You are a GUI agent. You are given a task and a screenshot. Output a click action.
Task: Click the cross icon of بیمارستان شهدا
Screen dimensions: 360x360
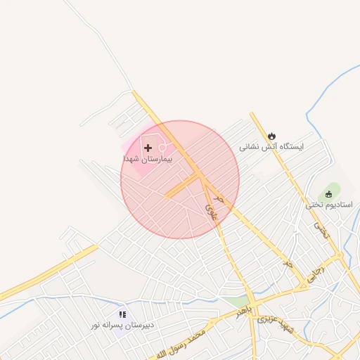click(x=148, y=148)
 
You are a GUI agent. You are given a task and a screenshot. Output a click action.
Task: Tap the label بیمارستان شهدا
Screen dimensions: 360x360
click(x=148, y=160)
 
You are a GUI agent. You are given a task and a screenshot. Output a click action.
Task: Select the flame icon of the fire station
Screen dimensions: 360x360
click(x=272, y=136)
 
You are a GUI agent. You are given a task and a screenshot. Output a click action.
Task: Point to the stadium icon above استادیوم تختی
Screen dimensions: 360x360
click(x=328, y=194)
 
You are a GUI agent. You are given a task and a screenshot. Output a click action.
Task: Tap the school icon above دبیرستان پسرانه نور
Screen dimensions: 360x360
click(x=122, y=315)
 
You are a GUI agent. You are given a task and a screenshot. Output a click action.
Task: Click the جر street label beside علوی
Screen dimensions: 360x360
click(x=219, y=200)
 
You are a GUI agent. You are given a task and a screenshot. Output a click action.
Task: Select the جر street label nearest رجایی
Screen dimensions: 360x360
click(x=287, y=264)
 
